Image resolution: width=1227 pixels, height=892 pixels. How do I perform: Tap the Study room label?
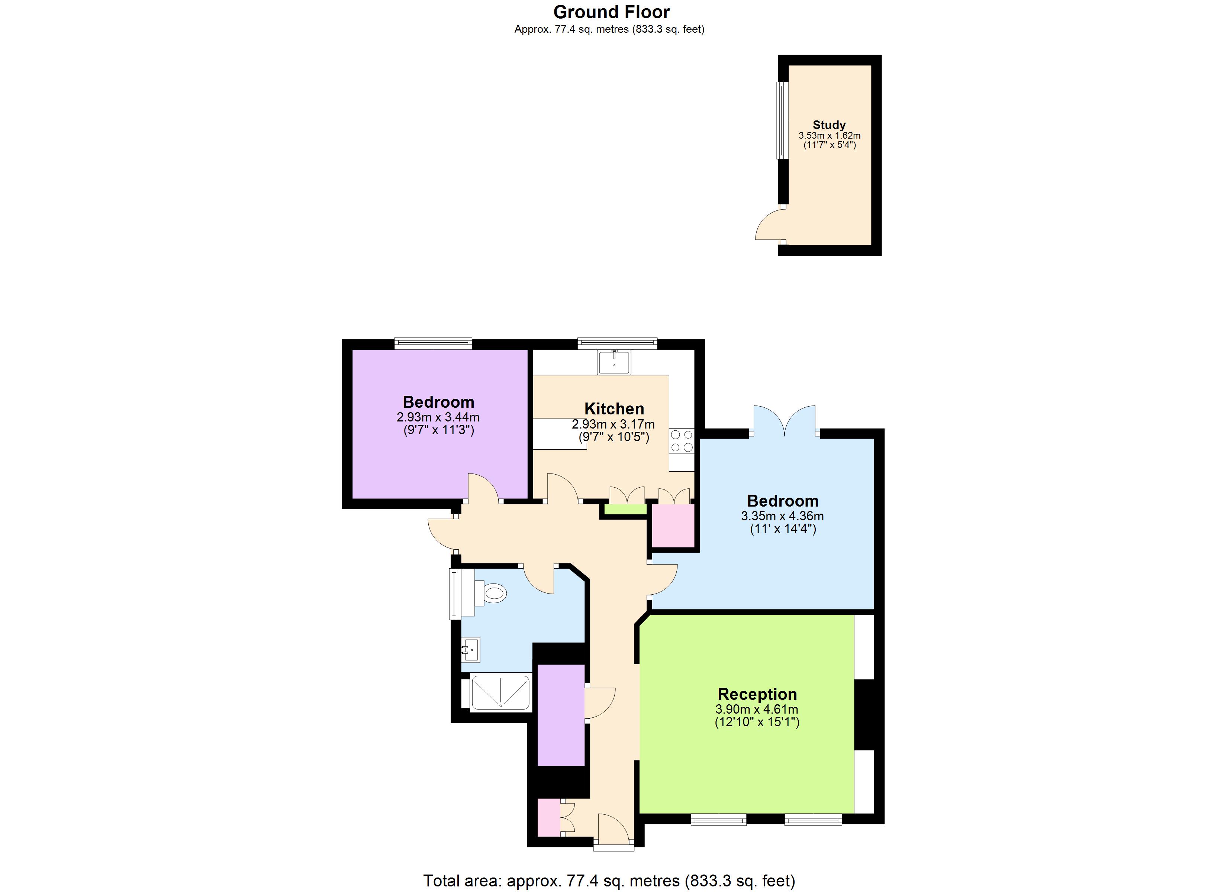click(829, 125)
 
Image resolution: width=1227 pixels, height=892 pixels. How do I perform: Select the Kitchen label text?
click(614, 408)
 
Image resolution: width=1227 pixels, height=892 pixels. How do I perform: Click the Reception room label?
click(757, 694)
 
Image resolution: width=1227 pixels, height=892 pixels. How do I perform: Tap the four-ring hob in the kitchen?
click(682, 440)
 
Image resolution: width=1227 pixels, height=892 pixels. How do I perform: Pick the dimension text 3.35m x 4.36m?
click(782, 516)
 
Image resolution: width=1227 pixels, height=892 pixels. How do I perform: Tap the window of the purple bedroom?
click(433, 343)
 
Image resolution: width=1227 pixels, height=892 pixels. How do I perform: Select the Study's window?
click(782, 120)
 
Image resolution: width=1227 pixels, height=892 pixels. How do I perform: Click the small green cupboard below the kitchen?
click(625, 510)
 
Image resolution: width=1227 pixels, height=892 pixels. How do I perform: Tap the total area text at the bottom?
click(609, 880)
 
